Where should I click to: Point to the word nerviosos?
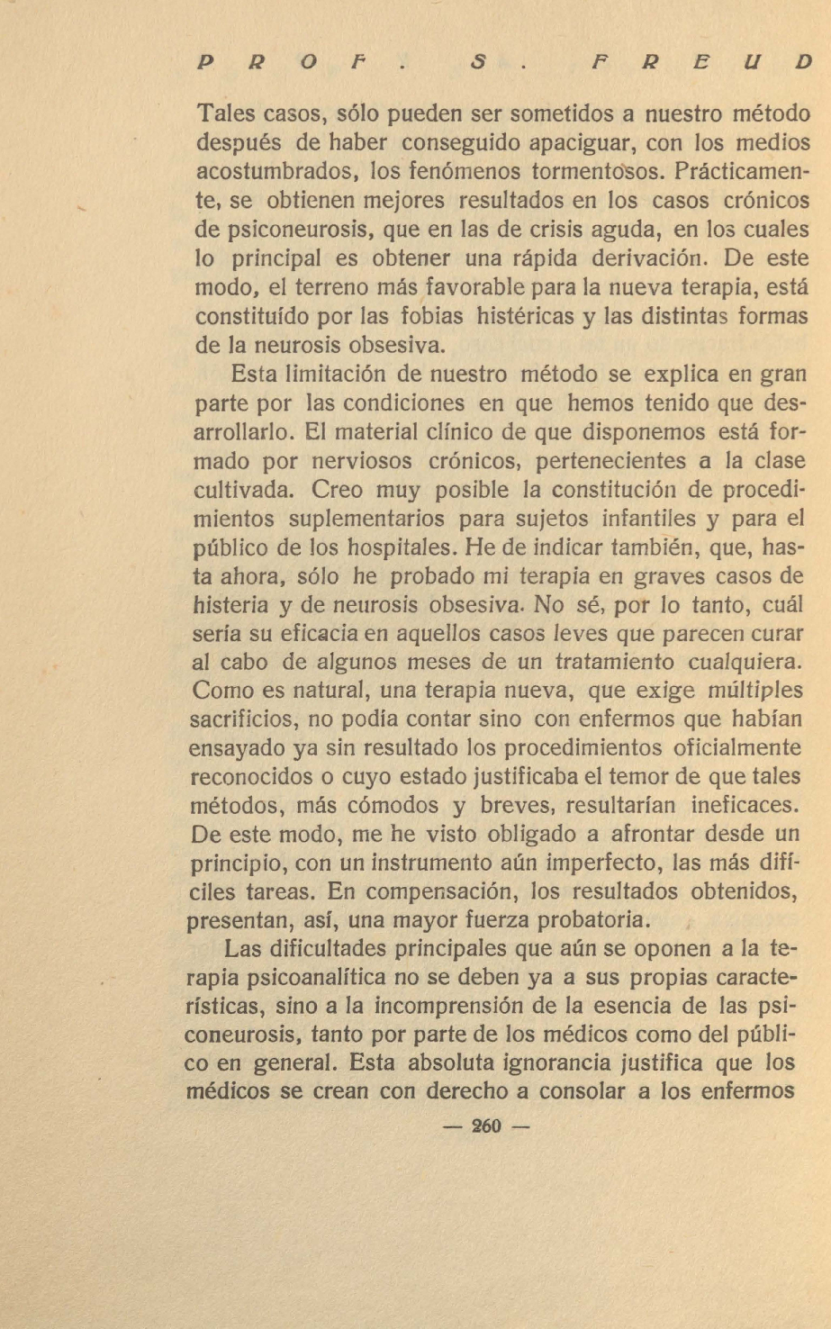tap(359, 461)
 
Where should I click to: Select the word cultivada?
tap(242, 490)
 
